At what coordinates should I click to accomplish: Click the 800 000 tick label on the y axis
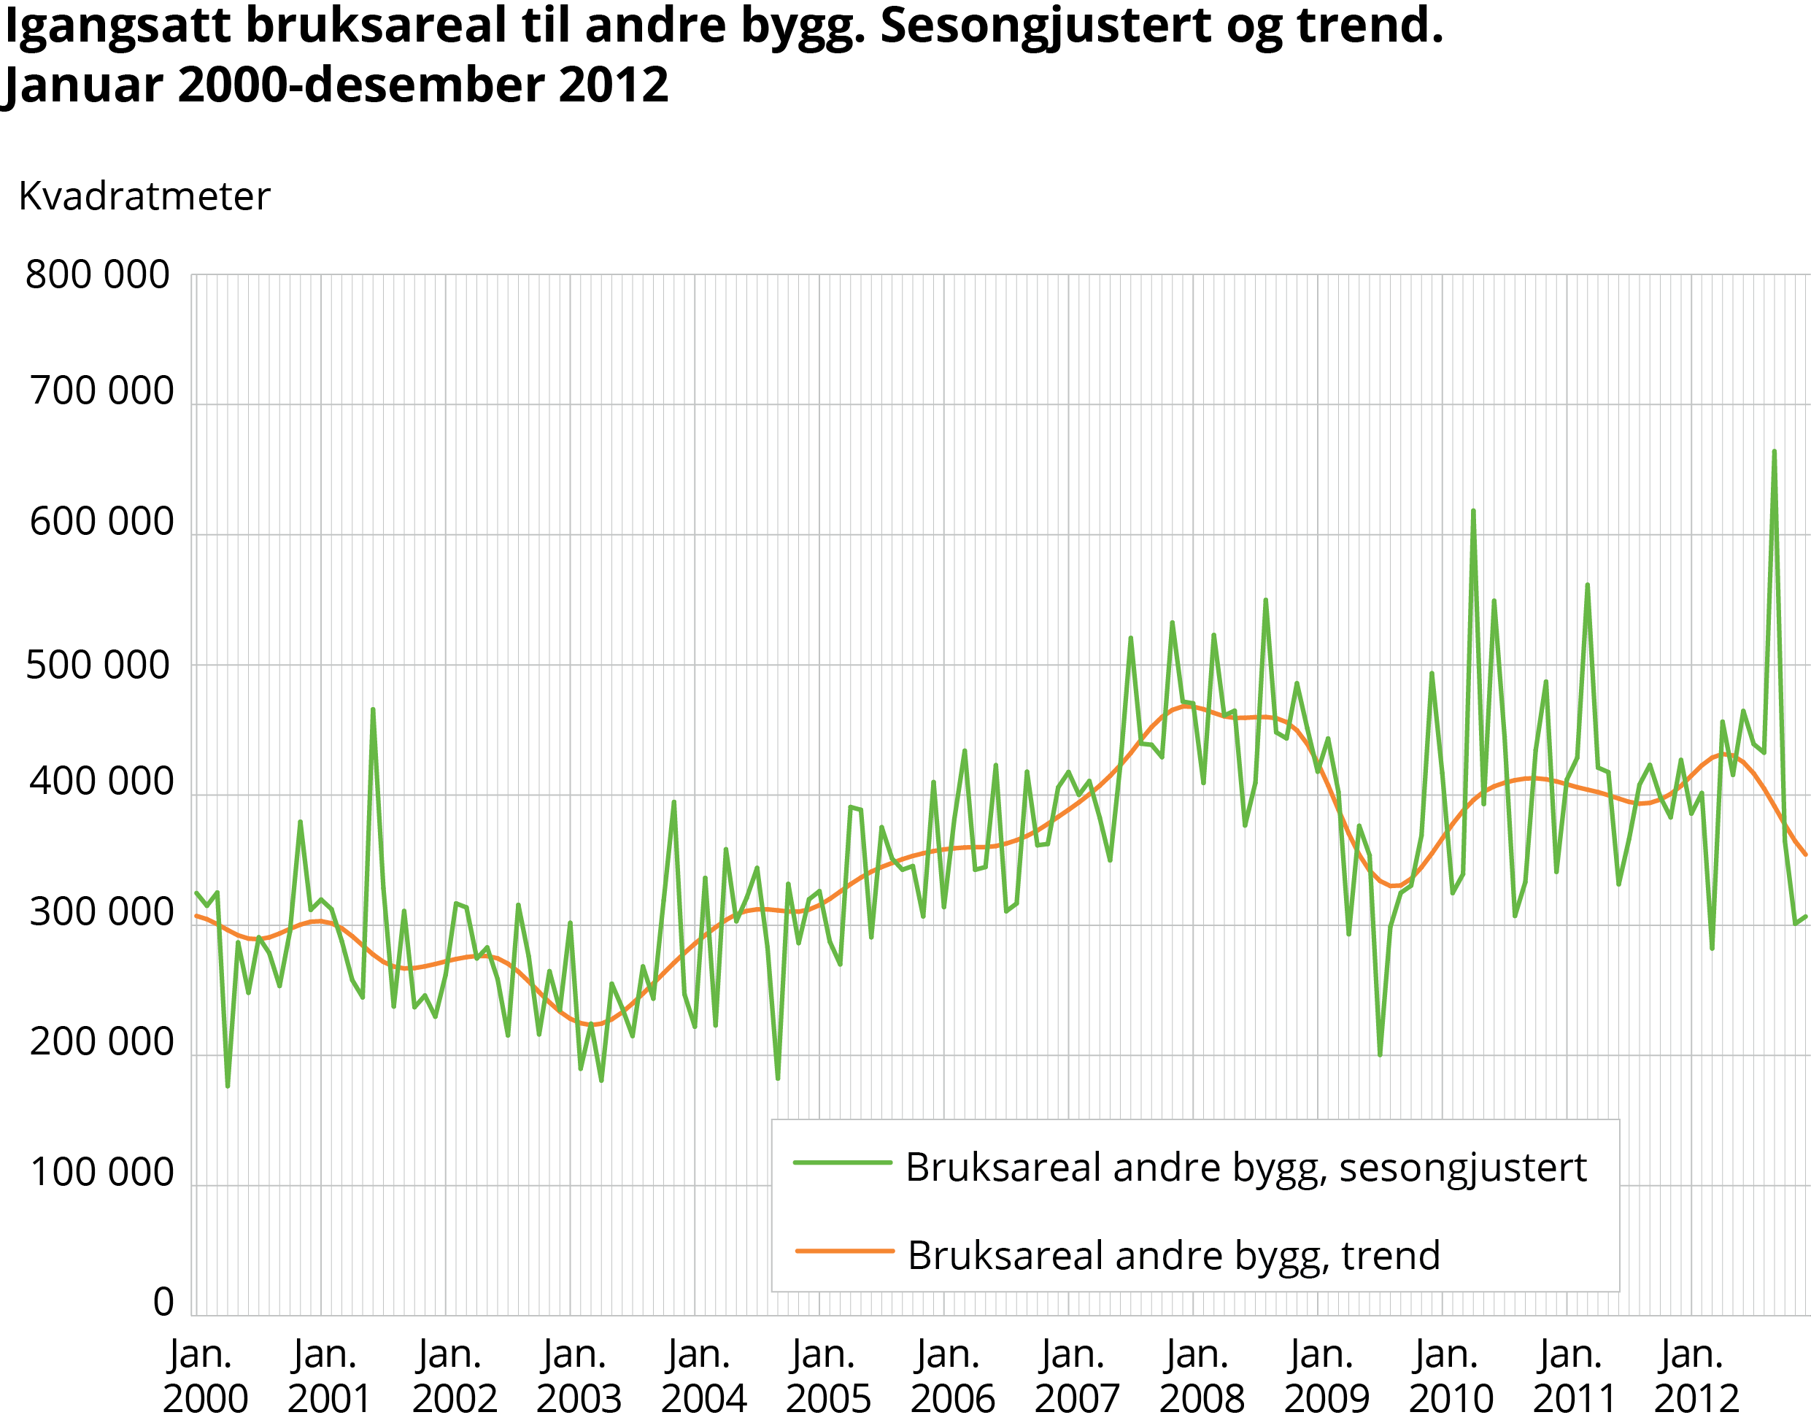(98, 275)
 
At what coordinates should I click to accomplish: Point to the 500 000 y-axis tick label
(98, 666)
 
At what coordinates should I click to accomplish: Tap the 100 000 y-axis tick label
(101, 1172)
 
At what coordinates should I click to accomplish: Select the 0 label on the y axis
(163, 1302)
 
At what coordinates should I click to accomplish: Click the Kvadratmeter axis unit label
(144, 196)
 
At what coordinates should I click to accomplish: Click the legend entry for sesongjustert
(1246, 1168)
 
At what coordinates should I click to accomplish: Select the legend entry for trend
(1173, 1256)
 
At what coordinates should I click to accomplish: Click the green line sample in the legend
(842, 1162)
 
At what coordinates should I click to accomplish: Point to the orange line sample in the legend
(844, 1251)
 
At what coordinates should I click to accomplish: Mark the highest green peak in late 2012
(1774, 452)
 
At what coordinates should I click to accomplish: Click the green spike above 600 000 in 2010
(1472, 512)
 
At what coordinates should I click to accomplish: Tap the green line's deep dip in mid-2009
(1380, 1054)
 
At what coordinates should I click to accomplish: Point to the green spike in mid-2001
(372, 710)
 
